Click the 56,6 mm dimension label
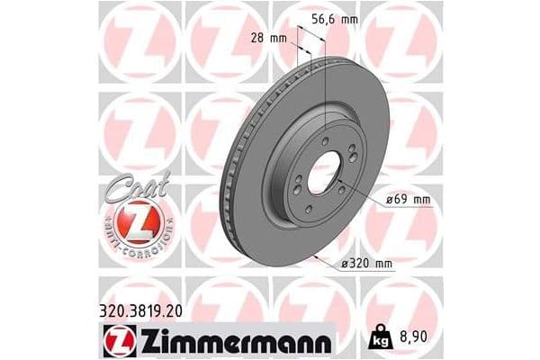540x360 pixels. [x=335, y=19]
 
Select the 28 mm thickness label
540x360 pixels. [x=268, y=38]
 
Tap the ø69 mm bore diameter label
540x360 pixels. [x=408, y=200]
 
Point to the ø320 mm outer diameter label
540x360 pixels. [x=366, y=264]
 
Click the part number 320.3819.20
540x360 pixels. [x=140, y=311]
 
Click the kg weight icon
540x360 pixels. [x=380, y=337]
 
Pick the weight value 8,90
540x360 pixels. [x=413, y=337]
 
